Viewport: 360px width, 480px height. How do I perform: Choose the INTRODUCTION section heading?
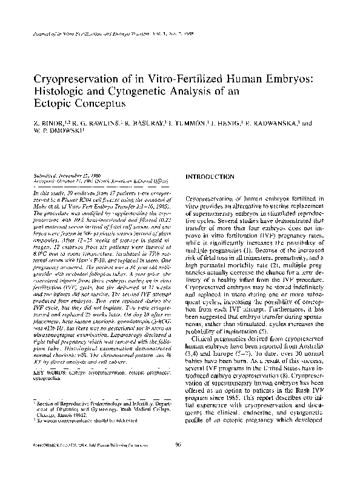[x=210, y=176]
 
